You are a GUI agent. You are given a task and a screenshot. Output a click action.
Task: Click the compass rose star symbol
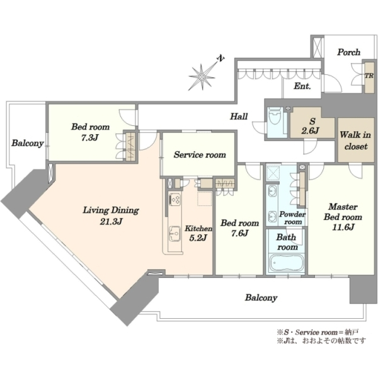pyautogui.click(x=202, y=77)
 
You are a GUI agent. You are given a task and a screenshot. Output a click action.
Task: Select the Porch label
pyautogui.click(x=348, y=52)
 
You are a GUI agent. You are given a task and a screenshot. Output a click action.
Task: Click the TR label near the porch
pyautogui.click(x=369, y=76)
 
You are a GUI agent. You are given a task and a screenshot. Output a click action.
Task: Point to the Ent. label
pyautogui.click(x=302, y=86)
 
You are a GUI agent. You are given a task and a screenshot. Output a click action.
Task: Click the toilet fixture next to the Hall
pyautogui.click(x=275, y=115)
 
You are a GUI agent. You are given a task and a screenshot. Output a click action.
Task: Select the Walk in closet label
pyautogui.click(x=355, y=140)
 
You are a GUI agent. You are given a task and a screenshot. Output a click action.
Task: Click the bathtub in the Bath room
pyautogui.click(x=287, y=263)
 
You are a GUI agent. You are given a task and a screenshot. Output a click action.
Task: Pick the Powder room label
pyautogui.click(x=292, y=218)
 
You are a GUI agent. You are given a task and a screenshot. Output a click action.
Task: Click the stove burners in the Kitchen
pyautogui.click(x=175, y=199)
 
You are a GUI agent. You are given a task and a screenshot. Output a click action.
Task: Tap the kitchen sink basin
pyautogui.click(x=175, y=233)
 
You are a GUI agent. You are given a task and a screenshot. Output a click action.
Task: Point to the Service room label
pyautogui.click(x=200, y=154)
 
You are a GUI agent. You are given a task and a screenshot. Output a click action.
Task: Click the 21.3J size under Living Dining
pyautogui.click(x=112, y=221)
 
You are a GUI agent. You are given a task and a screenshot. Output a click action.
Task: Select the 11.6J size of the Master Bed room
pyautogui.click(x=343, y=227)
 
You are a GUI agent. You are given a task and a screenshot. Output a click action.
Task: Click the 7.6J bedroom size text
pyautogui.click(x=240, y=233)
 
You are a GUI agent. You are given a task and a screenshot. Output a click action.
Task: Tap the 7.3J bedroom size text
pyautogui.click(x=89, y=137)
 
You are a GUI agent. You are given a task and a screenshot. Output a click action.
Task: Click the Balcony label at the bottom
pyautogui.click(x=261, y=298)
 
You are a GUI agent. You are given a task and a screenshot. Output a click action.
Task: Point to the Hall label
pyautogui.click(x=239, y=117)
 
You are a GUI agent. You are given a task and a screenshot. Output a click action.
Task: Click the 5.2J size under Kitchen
pyautogui.click(x=198, y=238)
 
